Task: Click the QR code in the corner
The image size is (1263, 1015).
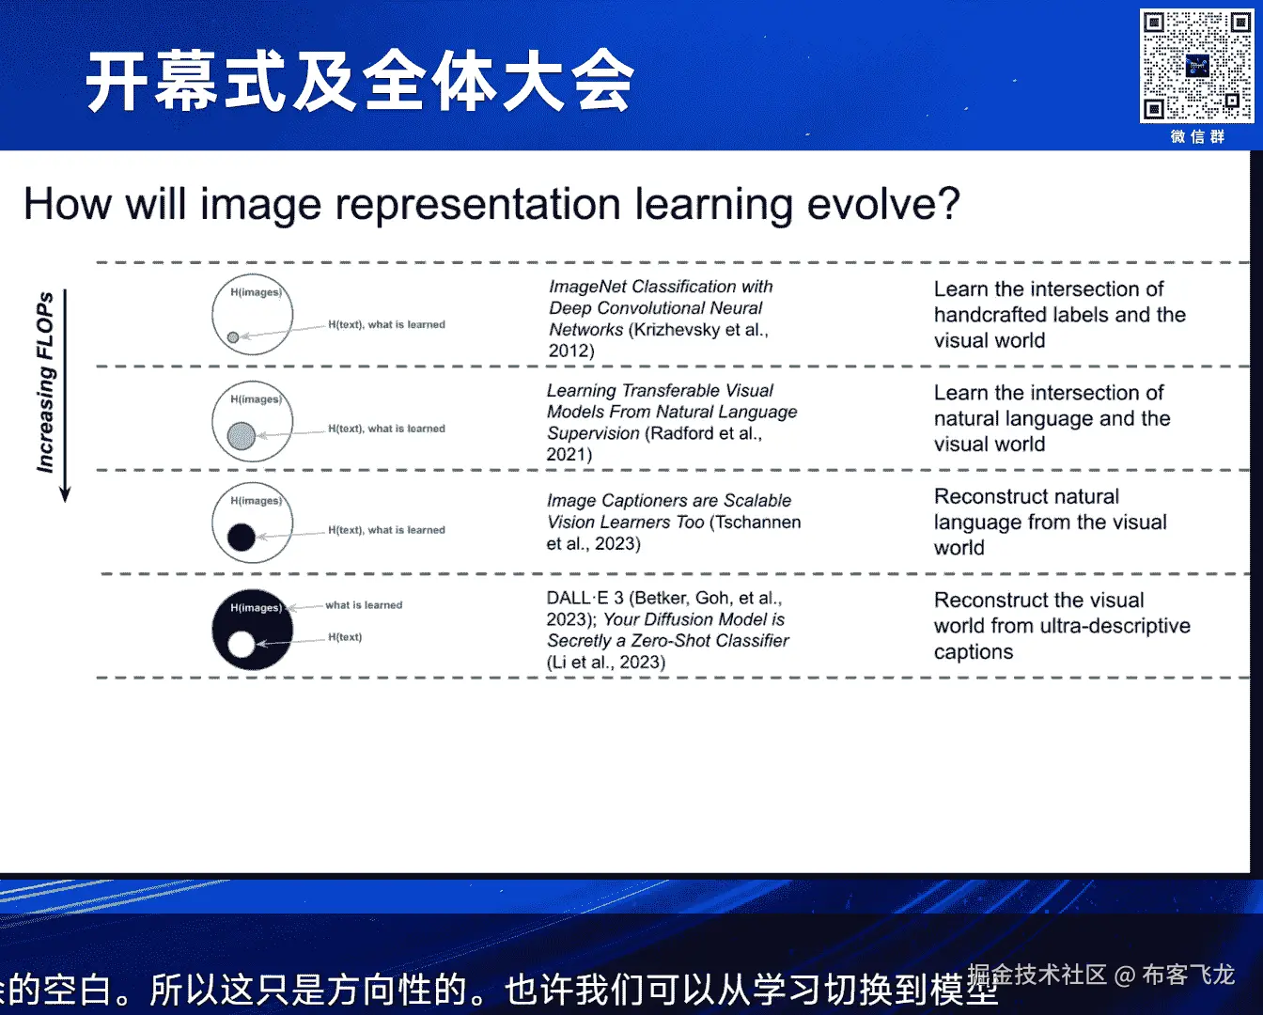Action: (x=1196, y=66)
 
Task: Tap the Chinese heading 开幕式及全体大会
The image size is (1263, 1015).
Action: (x=360, y=81)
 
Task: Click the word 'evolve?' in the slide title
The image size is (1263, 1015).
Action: (x=884, y=204)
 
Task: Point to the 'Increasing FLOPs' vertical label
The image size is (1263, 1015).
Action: (x=45, y=382)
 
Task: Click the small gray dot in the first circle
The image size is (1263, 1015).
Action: (x=233, y=337)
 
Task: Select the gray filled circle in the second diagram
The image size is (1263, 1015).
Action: (x=242, y=436)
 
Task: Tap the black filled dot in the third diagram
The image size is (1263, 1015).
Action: (x=242, y=538)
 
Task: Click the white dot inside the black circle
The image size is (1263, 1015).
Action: (x=242, y=644)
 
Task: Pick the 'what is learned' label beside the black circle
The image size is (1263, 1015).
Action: (x=364, y=604)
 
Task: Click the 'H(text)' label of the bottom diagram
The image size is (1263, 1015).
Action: (x=345, y=637)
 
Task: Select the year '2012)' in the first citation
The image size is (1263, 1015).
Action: (x=571, y=351)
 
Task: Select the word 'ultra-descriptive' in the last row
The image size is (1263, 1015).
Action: (x=1115, y=626)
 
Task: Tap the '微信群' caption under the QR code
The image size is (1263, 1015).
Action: (x=1197, y=136)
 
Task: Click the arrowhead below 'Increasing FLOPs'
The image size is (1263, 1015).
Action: (x=65, y=494)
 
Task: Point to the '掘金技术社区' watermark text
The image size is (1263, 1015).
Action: (x=1037, y=975)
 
